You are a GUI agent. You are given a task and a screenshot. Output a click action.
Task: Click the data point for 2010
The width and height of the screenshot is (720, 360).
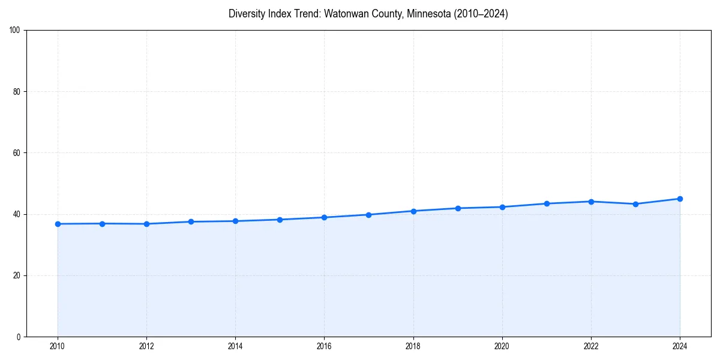(58, 224)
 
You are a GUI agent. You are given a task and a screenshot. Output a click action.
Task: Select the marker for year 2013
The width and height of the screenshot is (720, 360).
(191, 222)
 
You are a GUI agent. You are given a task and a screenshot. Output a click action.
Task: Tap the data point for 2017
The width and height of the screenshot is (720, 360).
(368, 215)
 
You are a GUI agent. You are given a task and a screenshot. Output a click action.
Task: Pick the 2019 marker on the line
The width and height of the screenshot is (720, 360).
(458, 208)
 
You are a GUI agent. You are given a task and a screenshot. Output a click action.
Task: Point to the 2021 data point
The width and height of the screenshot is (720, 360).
(547, 203)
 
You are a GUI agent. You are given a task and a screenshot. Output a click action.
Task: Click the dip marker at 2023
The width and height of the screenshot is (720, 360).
(635, 204)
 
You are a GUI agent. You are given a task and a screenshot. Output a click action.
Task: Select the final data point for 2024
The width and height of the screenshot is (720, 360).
(680, 199)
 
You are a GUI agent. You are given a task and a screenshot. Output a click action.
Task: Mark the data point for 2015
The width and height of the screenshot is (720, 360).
(280, 220)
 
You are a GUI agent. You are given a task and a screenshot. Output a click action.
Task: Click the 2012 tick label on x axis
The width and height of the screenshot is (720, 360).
(146, 346)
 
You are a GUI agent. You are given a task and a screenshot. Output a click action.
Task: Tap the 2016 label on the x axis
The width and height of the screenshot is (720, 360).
(324, 346)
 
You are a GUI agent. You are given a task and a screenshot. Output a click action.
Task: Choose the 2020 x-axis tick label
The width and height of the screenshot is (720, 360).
(502, 346)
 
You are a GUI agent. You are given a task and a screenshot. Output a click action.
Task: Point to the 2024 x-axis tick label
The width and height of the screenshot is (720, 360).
(680, 346)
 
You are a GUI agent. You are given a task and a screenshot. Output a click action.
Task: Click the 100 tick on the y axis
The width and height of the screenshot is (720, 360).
(15, 30)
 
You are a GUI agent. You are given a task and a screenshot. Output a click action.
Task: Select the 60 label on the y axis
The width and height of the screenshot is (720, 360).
(17, 153)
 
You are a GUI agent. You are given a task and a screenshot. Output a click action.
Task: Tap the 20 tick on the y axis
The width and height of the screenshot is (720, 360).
(17, 275)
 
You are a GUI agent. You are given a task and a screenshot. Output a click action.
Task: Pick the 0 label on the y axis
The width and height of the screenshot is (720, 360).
(19, 337)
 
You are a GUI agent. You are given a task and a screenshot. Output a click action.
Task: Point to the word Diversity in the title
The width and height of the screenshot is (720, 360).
(247, 14)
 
